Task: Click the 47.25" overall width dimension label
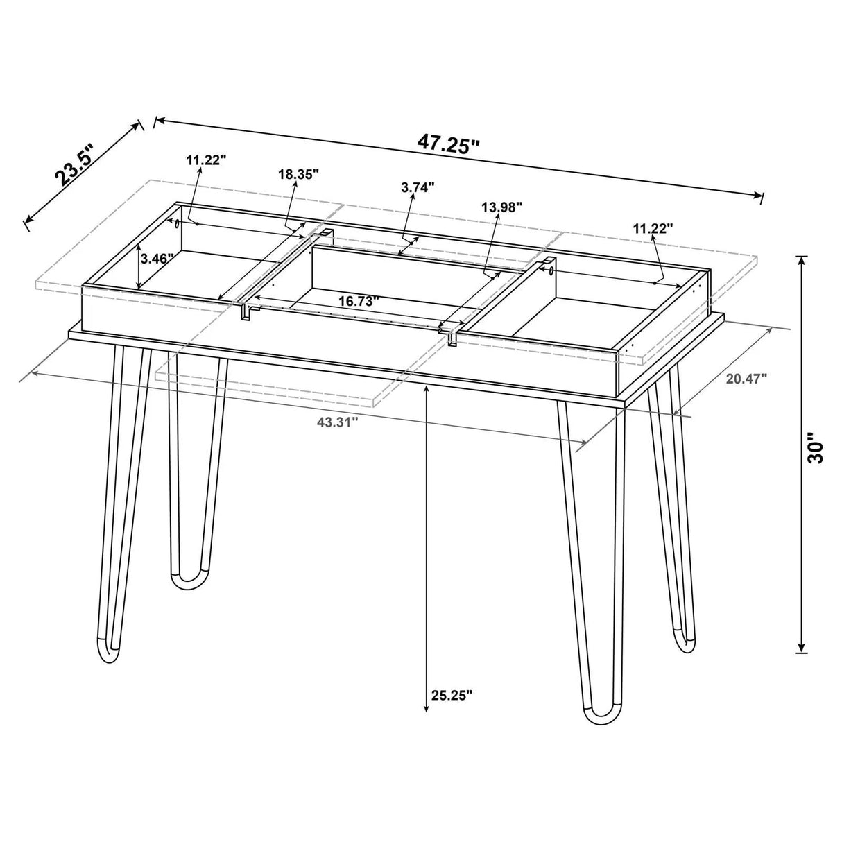pos(449,144)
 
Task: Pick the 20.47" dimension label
pos(747,379)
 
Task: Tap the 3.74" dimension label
pos(418,187)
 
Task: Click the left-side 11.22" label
pos(206,160)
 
